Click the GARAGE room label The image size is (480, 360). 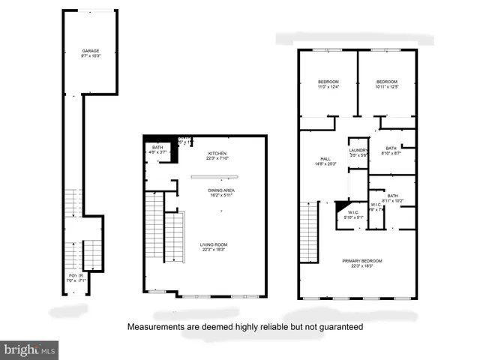tap(91, 51)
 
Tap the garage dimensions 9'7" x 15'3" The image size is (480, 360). tap(91, 56)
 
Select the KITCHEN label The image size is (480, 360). tap(217, 153)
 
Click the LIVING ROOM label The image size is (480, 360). tap(214, 244)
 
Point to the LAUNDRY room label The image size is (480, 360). tap(358, 151)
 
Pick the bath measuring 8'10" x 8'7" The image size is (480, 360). tap(391, 148)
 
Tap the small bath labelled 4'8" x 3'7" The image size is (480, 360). tap(157, 147)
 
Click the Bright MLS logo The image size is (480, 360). tap(30, 349)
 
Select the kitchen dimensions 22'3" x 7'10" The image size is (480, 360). tap(217, 158)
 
